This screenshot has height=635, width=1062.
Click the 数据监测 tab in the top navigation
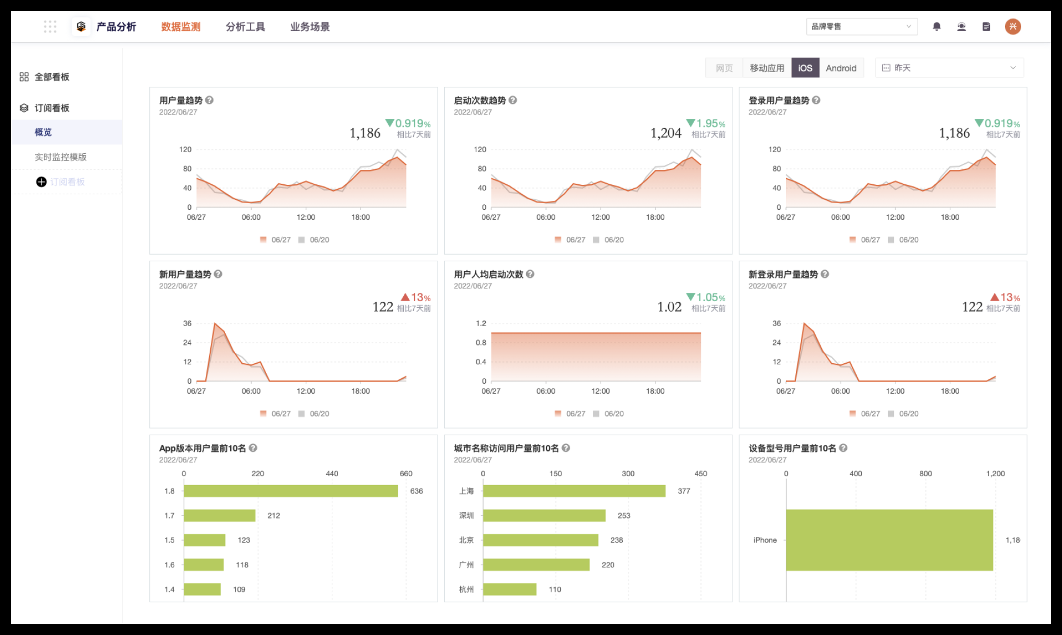(181, 27)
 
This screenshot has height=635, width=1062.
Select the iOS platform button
(805, 68)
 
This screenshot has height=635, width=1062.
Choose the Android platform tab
(841, 68)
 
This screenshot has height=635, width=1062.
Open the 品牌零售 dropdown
(862, 27)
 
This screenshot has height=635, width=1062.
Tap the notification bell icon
(936, 27)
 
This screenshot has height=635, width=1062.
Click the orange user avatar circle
(1013, 27)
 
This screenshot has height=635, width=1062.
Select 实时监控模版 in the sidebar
(61, 157)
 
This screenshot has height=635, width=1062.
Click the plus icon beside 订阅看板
(41, 182)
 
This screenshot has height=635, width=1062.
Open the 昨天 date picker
(949, 68)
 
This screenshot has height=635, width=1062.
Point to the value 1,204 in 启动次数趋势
(666, 133)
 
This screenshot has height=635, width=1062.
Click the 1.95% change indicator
(706, 123)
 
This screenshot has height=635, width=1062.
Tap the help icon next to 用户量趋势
(209, 100)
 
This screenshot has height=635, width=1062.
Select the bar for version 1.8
(291, 491)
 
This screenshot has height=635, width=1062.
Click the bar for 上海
(574, 491)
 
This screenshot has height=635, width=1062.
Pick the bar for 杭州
(510, 589)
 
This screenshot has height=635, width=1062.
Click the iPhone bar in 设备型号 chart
(889, 540)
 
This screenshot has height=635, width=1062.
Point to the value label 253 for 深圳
(624, 515)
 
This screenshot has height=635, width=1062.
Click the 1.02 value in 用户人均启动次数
(669, 307)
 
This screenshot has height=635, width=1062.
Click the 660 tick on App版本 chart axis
(406, 474)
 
